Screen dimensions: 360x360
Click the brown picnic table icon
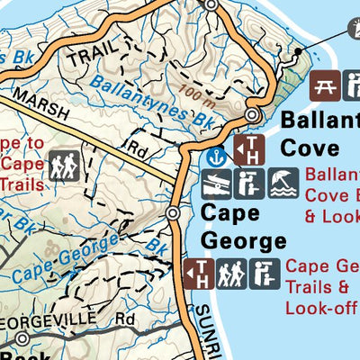coord(325,87)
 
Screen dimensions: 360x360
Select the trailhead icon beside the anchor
coord(248,149)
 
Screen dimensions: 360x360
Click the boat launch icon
coord(216,184)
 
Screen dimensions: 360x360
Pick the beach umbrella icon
coord(283,184)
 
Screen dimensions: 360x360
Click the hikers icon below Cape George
coord(229,273)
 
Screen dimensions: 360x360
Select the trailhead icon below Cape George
coord(198,274)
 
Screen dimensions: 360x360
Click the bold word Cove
coord(310,147)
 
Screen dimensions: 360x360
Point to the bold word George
coord(243,241)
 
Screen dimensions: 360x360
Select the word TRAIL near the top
coord(84,57)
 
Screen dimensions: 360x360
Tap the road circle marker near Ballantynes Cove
coord(254,116)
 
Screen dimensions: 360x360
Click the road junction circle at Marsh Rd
coord(173,213)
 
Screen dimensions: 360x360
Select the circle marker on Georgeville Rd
coord(22,339)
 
